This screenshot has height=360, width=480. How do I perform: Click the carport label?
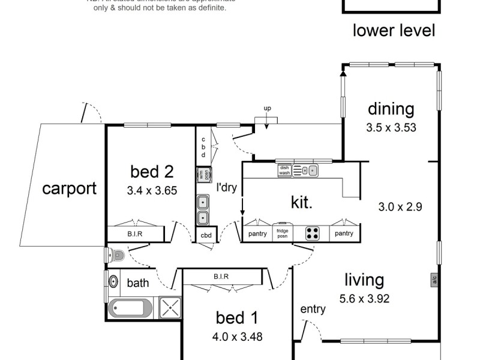69,188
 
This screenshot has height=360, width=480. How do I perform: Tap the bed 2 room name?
152,172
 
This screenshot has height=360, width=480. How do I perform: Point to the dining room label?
391,109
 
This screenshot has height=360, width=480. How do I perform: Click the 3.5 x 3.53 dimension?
391,127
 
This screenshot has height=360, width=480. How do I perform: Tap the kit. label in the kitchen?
302,202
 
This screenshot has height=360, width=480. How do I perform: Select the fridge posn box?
283,233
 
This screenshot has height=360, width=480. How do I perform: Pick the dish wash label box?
284,171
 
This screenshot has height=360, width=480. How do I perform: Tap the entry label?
313,309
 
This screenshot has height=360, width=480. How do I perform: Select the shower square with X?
170,308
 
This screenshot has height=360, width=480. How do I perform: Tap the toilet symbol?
116,256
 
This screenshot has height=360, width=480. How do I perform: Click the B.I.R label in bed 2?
134,234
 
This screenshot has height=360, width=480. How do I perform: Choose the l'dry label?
227,187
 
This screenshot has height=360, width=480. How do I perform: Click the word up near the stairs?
267,108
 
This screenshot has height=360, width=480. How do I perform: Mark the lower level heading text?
393,30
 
